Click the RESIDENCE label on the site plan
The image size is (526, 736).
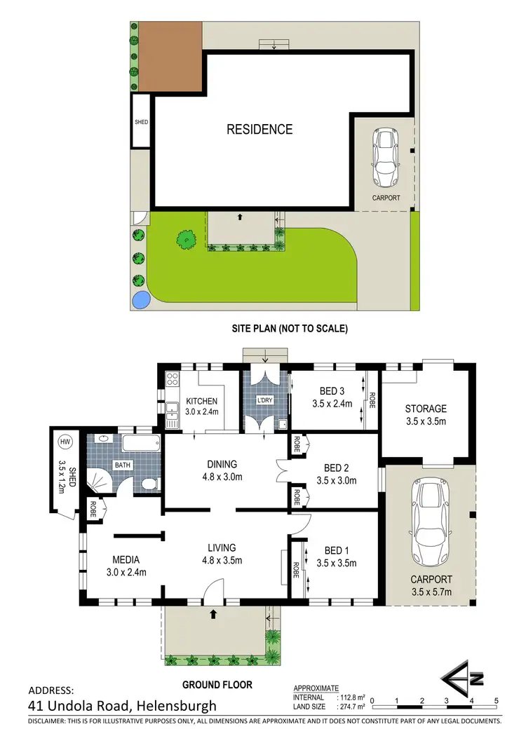[259, 129]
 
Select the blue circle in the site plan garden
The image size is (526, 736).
[140, 300]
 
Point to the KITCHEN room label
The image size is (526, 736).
[201, 402]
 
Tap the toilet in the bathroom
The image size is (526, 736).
[148, 484]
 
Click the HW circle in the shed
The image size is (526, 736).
[65, 442]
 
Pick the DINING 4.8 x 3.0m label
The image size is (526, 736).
[222, 470]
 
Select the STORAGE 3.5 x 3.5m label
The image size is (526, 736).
[426, 414]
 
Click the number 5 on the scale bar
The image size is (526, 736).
[497, 700]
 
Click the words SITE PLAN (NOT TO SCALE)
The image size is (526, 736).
[290, 328]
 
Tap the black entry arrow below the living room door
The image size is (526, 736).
[213, 614]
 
